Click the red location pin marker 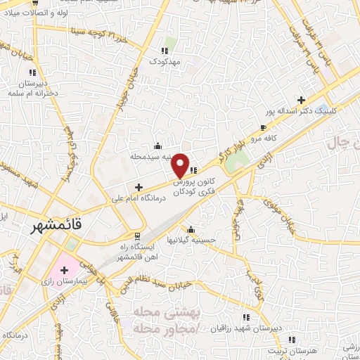[x=181, y=165]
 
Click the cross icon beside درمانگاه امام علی [x=139, y=188]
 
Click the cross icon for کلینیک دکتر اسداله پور [x=302, y=100]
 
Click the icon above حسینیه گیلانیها [x=191, y=229]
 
